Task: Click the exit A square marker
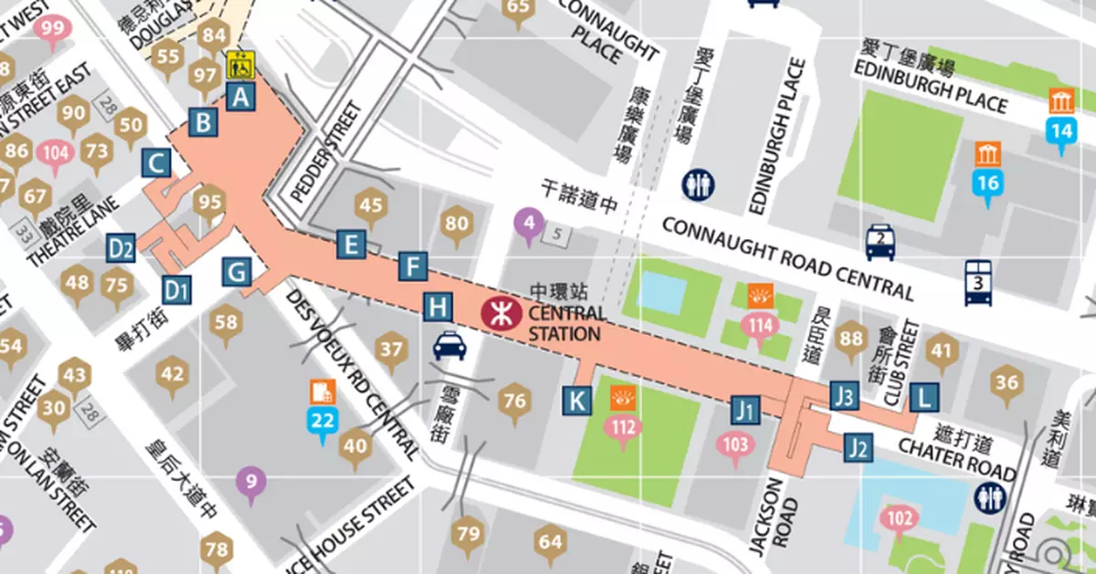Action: (239, 95)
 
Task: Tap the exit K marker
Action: (576, 400)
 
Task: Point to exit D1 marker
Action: (176, 290)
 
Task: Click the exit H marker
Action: (438, 307)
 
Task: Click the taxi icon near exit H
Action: (448, 345)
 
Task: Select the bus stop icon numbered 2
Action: (880, 242)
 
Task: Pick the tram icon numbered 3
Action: (978, 282)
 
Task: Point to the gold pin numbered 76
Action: (514, 402)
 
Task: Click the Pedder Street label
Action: (325, 152)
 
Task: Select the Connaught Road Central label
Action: (787, 259)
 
